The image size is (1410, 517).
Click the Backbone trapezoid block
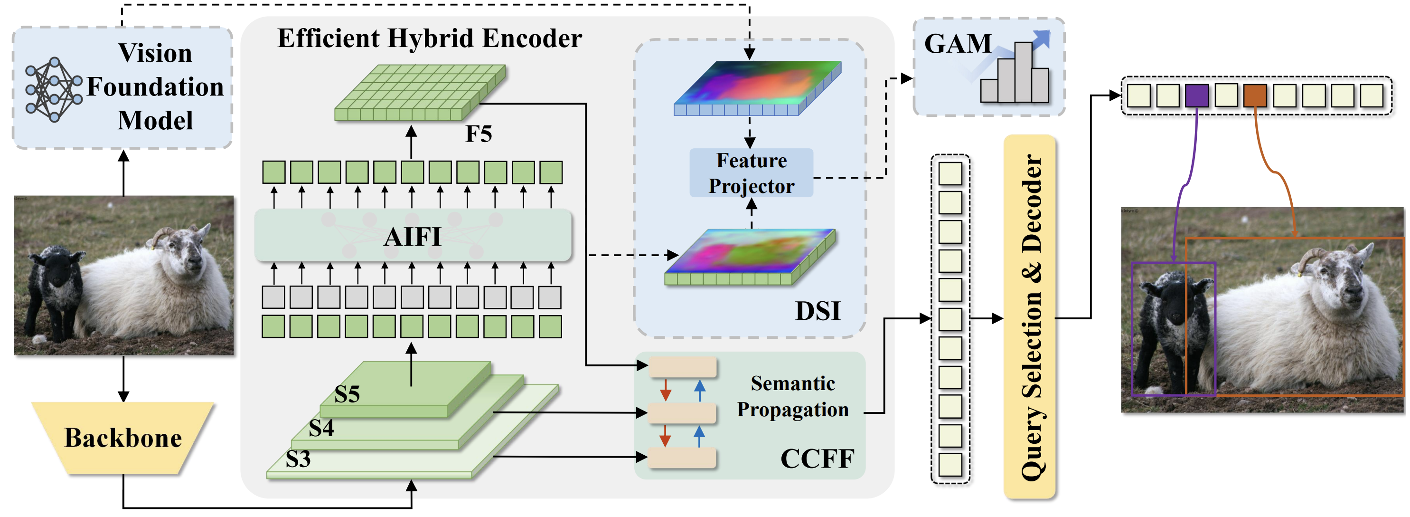pyautogui.click(x=123, y=438)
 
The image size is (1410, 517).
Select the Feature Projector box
pyautogui.click(x=751, y=173)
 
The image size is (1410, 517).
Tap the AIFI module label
pyautogui.click(x=413, y=237)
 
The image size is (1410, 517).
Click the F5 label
pyautogui.click(x=479, y=134)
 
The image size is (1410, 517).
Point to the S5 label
pyautogui.click(x=347, y=394)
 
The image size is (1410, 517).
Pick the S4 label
pyautogui.click(x=321, y=428)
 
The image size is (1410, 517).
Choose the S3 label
pyautogui.click(x=298, y=459)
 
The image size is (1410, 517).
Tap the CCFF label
pyautogui.click(x=817, y=459)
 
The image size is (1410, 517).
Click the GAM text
pyautogui.click(x=958, y=44)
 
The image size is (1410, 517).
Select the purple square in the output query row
pyautogui.click(x=1196, y=96)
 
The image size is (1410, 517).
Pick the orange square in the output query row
pyautogui.click(x=1255, y=96)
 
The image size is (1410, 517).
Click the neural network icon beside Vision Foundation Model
pyautogui.click(x=53, y=89)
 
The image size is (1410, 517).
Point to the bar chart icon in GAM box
pyautogui.click(x=1015, y=74)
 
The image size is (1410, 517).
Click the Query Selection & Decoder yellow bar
pyautogui.click(x=1030, y=317)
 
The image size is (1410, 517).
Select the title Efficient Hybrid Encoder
pyautogui.click(x=429, y=38)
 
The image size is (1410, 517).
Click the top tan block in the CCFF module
pyautogui.click(x=683, y=367)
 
